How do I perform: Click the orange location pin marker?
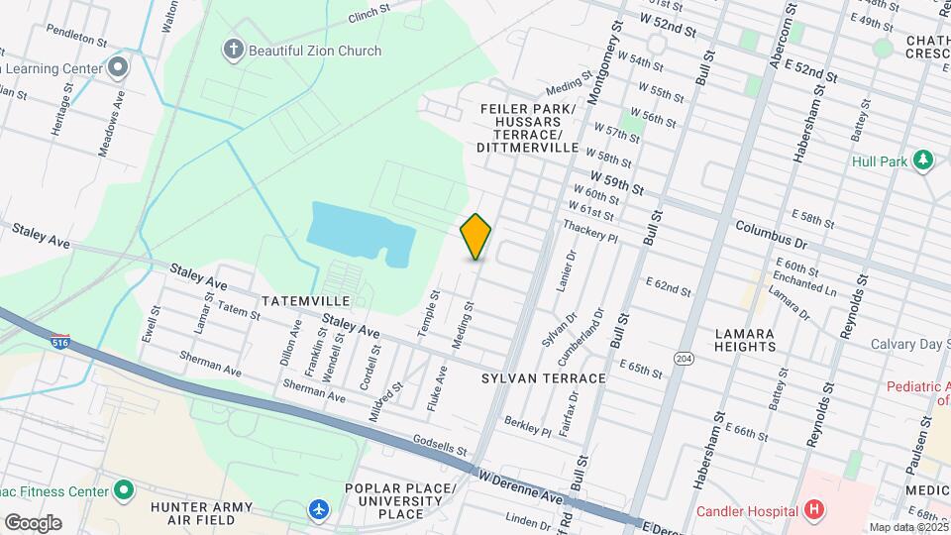(x=476, y=236)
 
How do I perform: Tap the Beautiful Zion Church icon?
(x=234, y=51)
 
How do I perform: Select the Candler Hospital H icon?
(x=814, y=511)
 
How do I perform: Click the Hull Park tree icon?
(x=923, y=160)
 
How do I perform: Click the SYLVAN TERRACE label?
(x=543, y=378)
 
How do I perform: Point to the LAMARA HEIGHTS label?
(x=744, y=340)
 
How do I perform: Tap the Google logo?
(x=32, y=522)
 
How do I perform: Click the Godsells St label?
(x=440, y=443)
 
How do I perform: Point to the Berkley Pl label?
(x=526, y=425)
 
